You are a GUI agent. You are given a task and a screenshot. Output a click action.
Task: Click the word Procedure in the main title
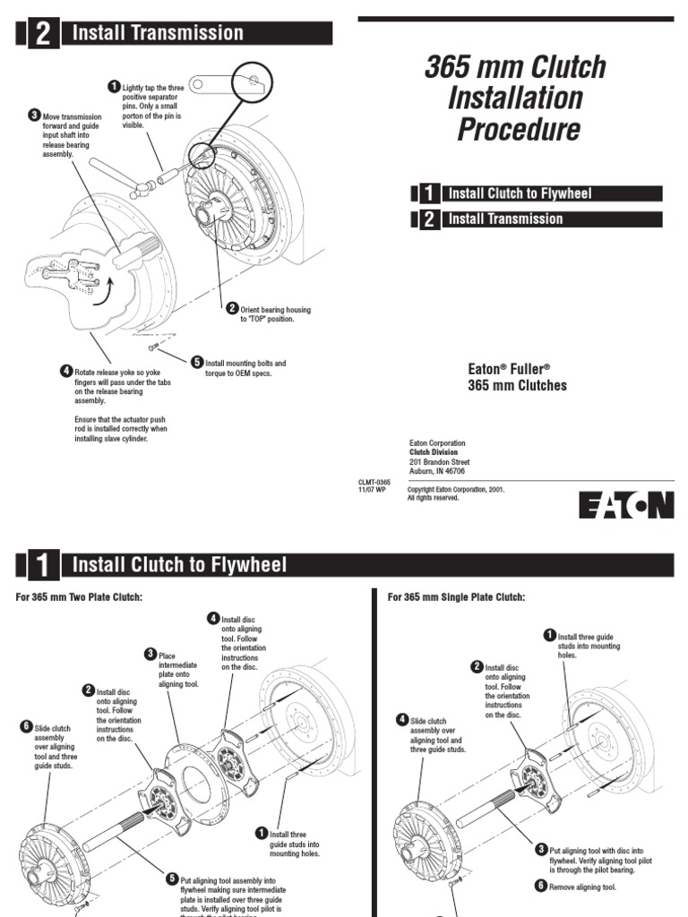click(x=518, y=130)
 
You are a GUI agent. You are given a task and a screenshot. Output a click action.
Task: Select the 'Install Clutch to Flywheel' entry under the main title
click(x=520, y=193)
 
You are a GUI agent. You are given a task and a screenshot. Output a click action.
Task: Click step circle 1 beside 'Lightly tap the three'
click(x=114, y=86)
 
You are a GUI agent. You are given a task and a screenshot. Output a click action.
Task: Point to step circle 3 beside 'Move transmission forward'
click(x=34, y=115)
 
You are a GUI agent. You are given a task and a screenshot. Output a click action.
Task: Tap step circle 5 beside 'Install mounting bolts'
click(x=196, y=362)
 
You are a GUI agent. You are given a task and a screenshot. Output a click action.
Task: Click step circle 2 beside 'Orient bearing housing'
click(x=232, y=308)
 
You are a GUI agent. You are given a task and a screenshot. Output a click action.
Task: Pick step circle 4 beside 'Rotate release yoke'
click(x=65, y=371)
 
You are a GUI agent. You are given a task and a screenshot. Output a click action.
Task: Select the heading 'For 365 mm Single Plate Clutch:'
click(x=455, y=597)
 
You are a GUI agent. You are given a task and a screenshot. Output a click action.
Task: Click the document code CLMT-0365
click(x=374, y=482)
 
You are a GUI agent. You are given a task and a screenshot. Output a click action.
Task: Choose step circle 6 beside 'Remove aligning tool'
click(x=541, y=886)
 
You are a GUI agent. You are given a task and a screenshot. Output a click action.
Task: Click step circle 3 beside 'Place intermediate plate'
click(x=150, y=654)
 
